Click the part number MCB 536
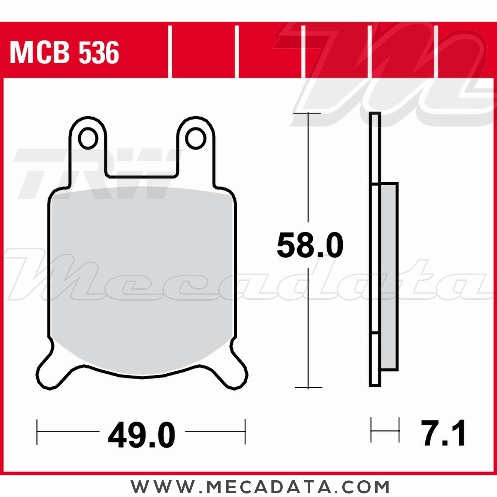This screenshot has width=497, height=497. point(65,53)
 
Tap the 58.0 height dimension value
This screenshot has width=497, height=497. point(310,246)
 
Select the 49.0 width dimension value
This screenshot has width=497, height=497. point(142,436)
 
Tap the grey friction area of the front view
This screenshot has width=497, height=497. point(142,278)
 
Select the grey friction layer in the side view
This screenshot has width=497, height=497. point(389,276)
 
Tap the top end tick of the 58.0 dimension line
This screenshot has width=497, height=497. point(308,114)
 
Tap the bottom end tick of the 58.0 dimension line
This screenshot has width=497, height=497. point(308,387)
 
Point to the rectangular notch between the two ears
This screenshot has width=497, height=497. point(142,159)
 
